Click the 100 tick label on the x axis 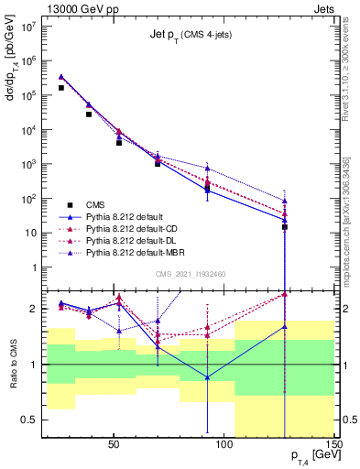tap(224, 448)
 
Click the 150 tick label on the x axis tap(334, 448)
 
